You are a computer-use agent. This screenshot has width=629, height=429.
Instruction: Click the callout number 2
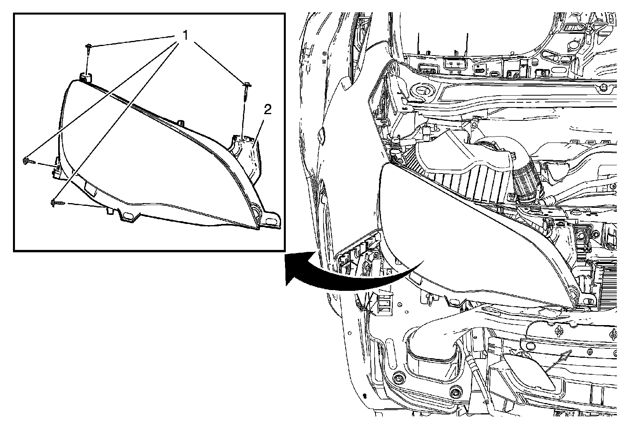(x=268, y=110)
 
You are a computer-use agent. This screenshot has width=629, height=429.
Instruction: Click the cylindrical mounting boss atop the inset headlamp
(x=86, y=77)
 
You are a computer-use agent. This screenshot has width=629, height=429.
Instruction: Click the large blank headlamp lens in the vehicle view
(x=452, y=228)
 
